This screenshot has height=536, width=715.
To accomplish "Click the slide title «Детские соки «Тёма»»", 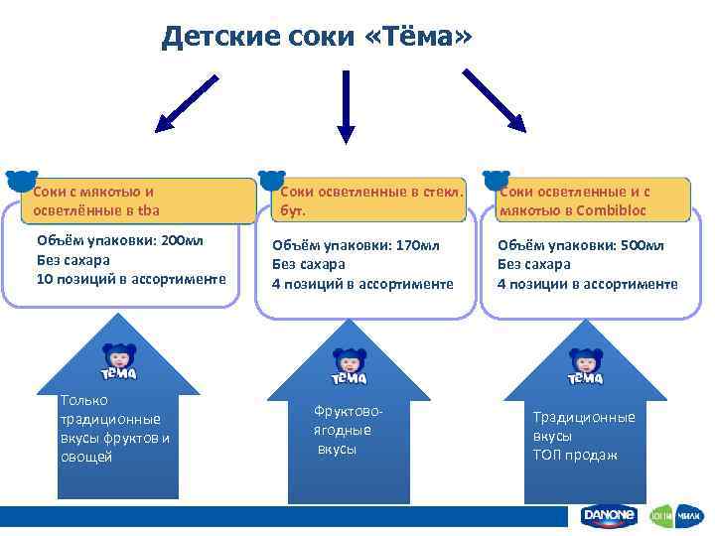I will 318,37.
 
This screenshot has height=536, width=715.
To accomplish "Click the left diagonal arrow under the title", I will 190,100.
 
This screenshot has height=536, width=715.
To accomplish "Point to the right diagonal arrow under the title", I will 496,99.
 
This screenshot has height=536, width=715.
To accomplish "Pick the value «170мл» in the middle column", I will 414,245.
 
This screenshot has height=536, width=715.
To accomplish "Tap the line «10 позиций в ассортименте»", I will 130,279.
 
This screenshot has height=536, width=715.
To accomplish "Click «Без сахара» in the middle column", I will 309,264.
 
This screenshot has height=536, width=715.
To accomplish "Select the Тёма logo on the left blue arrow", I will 118,362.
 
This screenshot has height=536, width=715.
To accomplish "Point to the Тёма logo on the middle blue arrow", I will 350,367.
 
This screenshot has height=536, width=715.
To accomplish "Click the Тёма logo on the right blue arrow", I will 585,367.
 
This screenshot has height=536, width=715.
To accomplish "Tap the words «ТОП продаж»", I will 575,455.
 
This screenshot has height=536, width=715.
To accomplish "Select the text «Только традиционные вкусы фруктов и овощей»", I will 114,429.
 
